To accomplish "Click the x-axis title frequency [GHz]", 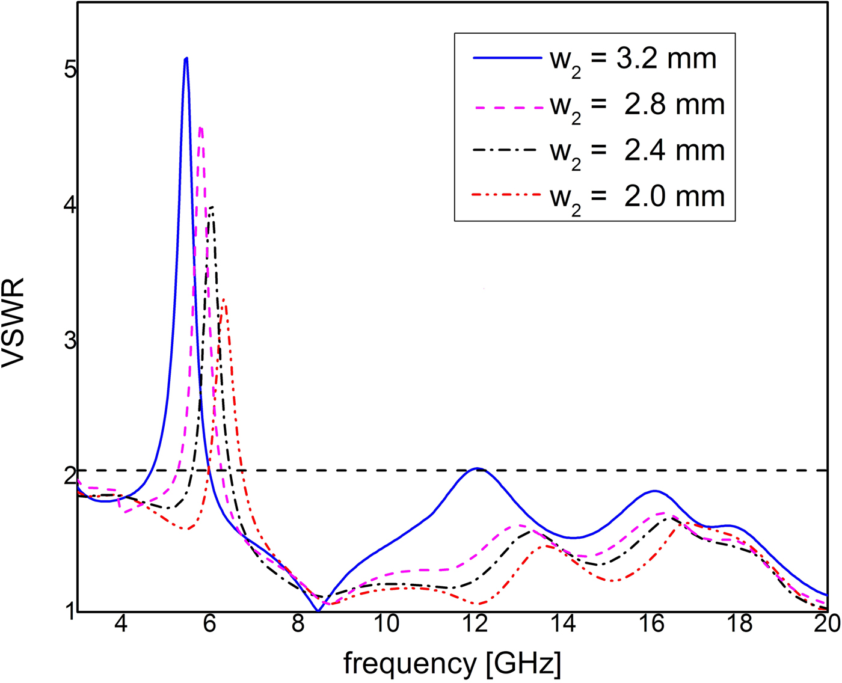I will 452,664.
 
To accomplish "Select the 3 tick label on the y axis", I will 70,341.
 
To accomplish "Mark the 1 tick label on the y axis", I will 70,611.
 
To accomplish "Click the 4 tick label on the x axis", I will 121,625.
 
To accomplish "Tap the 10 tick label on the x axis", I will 387,625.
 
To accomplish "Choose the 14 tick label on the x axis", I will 564,625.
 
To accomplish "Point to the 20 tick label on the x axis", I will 828,625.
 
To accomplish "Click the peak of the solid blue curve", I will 186,58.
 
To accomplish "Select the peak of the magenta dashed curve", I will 201,127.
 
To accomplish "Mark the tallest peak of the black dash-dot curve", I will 212,207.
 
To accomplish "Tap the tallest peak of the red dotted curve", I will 223,298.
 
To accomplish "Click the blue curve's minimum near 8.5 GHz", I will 318,611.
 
